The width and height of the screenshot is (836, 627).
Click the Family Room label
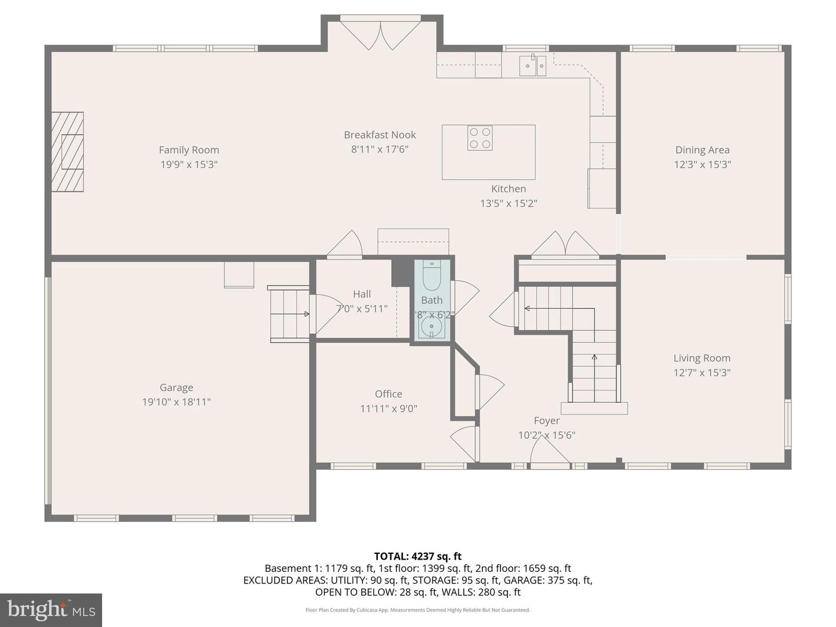click(x=189, y=150)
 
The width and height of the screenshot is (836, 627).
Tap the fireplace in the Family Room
click(x=67, y=152)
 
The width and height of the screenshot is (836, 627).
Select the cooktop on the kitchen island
click(x=480, y=138)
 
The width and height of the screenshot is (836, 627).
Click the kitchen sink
click(x=532, y=66)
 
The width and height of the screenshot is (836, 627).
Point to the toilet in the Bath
click(x=432, y=276)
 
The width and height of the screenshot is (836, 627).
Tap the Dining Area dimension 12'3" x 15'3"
click(x=702, y=164)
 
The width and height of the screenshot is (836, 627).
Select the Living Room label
click(x=701, y=358)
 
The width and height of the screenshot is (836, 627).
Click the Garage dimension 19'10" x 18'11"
click(x=176, y=402)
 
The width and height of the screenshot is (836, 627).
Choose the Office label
click(x=388, y=394)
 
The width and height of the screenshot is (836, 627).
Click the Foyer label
click(x=546, y=420)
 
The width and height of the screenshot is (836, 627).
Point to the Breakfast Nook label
click(x=380, y=135)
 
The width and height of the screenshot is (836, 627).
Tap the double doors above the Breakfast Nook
click(x=380, y=35)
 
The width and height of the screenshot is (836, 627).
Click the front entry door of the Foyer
click(x=550, y=453)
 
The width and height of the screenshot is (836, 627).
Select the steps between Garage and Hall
click(x=289, y=314)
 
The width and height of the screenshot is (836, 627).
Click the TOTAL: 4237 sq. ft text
click(x=417, y=556)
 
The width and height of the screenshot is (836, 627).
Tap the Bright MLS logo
click(x=51, y=610)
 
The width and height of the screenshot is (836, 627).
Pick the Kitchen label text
click(x=509, y=189)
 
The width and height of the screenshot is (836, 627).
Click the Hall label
click(x=362, y=294)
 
